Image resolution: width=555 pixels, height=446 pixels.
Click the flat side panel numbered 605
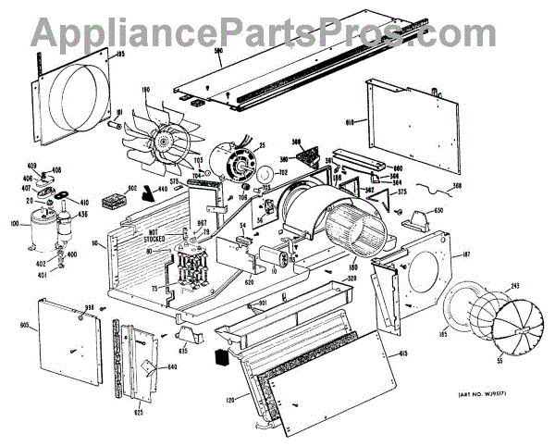coord(68,339)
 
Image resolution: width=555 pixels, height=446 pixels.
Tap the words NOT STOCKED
coord(155,236)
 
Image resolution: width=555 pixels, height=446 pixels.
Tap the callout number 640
coord(171,366)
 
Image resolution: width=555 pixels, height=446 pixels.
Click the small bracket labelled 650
coord(417,220)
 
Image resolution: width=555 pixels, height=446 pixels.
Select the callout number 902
coord(132,189)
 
